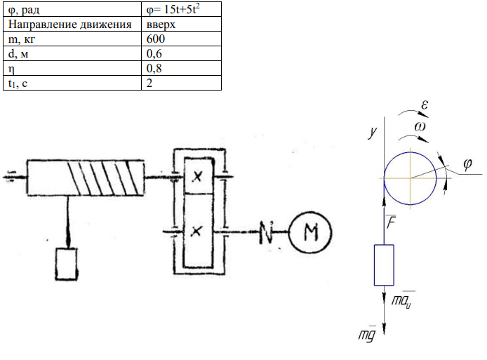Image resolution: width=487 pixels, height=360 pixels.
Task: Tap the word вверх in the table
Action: click(x=161, y=25)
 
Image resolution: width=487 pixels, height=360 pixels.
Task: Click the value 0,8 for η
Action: click(x=154, y=68)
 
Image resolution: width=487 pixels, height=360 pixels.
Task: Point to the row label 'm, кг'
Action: click(x=22, y=39)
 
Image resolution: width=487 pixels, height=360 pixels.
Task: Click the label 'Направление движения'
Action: click(x=70, y=25)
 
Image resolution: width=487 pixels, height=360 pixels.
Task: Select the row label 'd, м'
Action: click(x=18, y=54)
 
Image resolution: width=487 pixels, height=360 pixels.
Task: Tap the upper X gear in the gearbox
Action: click(x=197, y=176)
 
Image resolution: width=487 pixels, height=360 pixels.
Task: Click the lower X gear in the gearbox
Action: click(x=196, y=231)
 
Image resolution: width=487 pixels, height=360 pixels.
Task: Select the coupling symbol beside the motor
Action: click(x=266, y=232)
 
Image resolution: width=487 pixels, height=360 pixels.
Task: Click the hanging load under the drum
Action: click(x=67, y=264)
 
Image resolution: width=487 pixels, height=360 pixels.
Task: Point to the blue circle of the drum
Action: click(x=384, y=178)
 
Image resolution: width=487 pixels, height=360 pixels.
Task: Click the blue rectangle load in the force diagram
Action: click(x=384, y=265)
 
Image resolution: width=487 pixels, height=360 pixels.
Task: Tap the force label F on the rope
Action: click(x=391, y=222)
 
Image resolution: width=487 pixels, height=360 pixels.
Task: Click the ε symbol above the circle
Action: click(x=425, y=105)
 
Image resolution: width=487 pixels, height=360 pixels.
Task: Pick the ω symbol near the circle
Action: click(x=420, y=126)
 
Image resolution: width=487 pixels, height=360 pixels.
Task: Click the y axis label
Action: click(x=373, y=133)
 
